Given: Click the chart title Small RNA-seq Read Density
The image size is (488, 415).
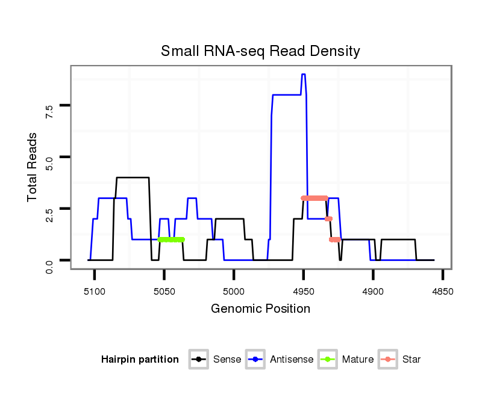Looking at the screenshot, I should [x=260, y=51].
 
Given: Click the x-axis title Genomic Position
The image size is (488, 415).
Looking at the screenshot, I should [x=260, y=309].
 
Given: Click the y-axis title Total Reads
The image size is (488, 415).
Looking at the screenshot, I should [x=33, y=167].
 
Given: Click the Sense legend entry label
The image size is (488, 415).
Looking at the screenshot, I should [x=227, y=360].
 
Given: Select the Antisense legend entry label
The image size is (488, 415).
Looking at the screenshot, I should [x=292, y=360].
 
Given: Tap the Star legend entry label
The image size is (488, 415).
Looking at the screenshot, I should [x=411, y=360].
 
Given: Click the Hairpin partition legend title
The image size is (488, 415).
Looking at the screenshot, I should [x=140, y=360].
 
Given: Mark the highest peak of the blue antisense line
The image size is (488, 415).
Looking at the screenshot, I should [x=304, y=75].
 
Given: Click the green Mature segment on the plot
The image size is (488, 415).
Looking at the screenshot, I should [x=171, y=239].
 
